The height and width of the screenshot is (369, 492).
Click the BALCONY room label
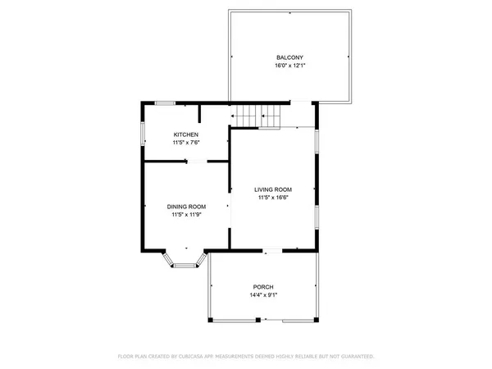(289, 57)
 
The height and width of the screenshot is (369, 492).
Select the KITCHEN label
(186, 134)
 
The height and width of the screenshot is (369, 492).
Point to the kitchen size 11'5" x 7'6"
(186, 143)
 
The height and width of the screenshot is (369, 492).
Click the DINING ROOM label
(187, 207)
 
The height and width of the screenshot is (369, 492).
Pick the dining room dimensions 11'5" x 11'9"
(187, 215)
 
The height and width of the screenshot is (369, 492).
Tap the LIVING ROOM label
(273, 189)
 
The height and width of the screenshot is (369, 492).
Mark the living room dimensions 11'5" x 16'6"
(273, 197)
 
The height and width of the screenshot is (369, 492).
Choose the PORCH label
(262, 287)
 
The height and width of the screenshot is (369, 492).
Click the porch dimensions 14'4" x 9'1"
(262, 295)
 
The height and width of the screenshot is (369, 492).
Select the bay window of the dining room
(186, 261)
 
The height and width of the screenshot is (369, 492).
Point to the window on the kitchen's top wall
(166, 102)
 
